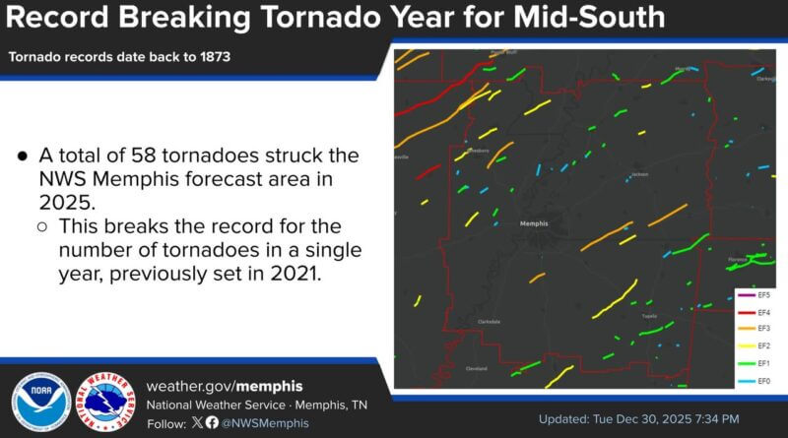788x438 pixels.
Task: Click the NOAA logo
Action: (40, 402)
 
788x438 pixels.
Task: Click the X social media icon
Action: (196, 422)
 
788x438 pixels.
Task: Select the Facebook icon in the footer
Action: (211, 422)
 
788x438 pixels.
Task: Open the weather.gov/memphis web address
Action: (224, 385)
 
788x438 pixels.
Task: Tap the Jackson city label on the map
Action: (639, 175)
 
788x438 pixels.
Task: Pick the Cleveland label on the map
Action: (476, 369)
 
